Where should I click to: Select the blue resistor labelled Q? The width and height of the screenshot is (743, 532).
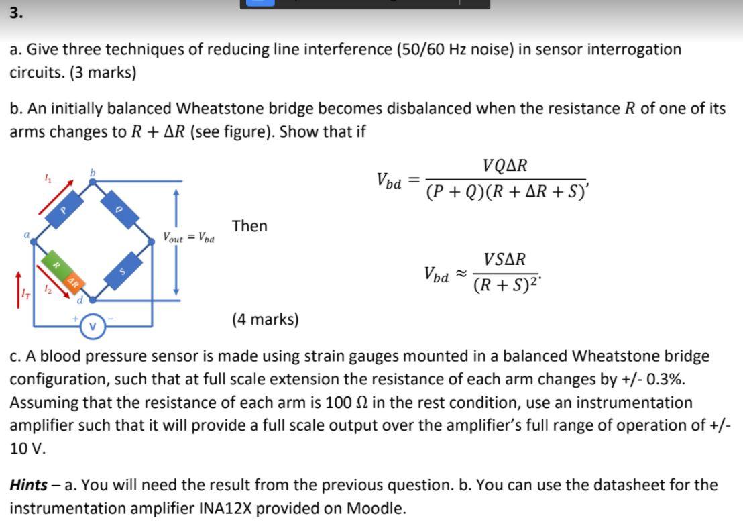pyautogui.click(x=120, y=209)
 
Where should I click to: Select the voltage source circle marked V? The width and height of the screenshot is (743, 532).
pyautogui.click(x=93, y=327)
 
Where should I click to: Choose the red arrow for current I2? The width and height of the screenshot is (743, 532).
pyautogui.click(x=54, y=281)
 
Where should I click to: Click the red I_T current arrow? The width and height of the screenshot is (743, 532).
pyautogui.click(x=19, y=290)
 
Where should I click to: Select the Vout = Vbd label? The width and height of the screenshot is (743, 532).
pyautogui.click(x=188, y=237)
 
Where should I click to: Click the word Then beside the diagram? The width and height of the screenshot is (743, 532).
pyautogui.click(x=249, y=226)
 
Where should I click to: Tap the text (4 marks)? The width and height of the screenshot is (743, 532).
pyautogui.click(x=266, y=319)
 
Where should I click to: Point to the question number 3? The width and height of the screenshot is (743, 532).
pyautogui.click(x=15, y=13)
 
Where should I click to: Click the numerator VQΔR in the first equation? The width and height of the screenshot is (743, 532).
pyautogui.click(x=505, y=166)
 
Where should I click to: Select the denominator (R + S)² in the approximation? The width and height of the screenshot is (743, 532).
pyautogui.click(x=506, y=285)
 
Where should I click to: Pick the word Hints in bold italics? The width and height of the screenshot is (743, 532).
pyautogui.click(x=29, y=485)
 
